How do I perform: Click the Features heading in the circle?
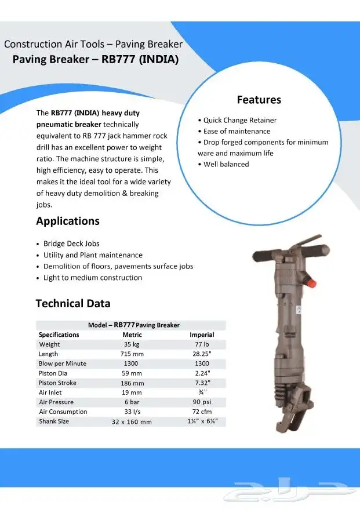(259, 100)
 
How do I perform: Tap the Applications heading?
(68, 221)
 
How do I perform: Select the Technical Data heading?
(73, 303)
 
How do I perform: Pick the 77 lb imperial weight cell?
(202, 344)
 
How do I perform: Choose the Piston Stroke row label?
(57, 383)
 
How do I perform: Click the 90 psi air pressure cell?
(202, 402)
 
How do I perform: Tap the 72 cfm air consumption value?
(202, 412)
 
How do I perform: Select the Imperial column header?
(202, 335)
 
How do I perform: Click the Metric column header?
(132, 335)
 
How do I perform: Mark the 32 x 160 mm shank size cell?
(132, 421)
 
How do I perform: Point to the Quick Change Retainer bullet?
(239, 120)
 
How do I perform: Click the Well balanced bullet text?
(226, 164)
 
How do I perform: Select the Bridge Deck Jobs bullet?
(71, 243)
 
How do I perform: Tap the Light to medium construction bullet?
(93, 278)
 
